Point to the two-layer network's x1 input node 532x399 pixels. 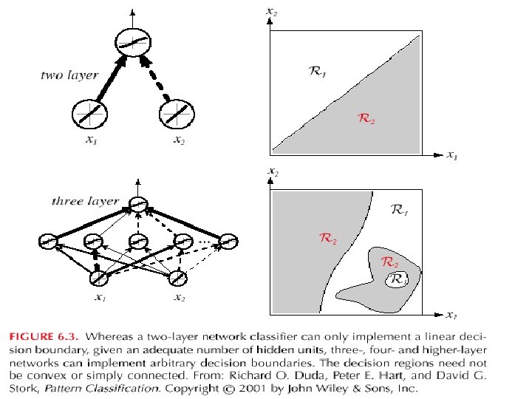(89, 115)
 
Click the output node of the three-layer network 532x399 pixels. (137, 205)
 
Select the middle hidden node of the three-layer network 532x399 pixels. (137, 241)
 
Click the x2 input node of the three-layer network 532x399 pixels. (178, 278)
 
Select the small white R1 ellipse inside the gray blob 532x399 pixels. (397, 280)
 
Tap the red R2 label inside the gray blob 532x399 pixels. (389, 262)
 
